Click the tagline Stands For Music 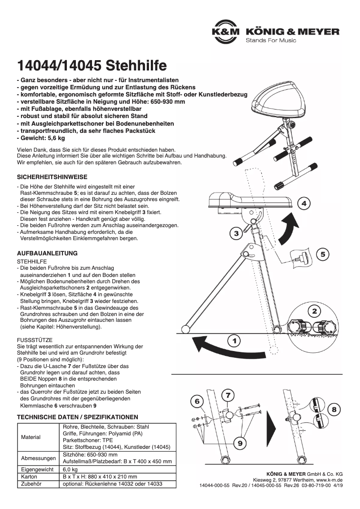pyautogui.click(x=271, y=40)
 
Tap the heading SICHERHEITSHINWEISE pyautogui.click(x=52, y=177)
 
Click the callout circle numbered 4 pyautogui.click(x=304, y=204)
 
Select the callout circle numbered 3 pyautogui.click(x=236, y=233)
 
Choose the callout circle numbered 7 pyautogui.click(x=228, y=395)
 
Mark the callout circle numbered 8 pyautogui.click(x=334, y=409)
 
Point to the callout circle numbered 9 pyautogui.click(x=240, y=443)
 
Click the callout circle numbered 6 pyautogui.click(x=197, y=401)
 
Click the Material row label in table pyautogui.click(x=31, y=437)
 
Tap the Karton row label pyautogui.click(x=29, y=477)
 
